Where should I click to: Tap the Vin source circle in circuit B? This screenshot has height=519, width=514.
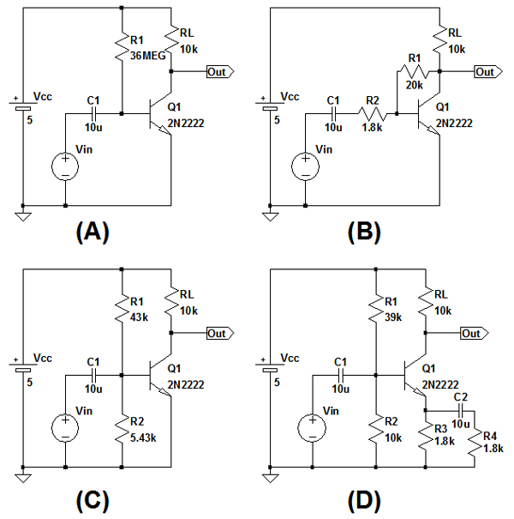pyautogui.click(x=302, y=166)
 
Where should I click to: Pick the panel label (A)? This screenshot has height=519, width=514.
pyautogui.click(x=93, y=232)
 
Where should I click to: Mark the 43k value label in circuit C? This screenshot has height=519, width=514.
pyautogui.click(x=140, y=317)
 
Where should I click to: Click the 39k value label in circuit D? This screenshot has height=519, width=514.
pyautogui.click(x=395, y=317)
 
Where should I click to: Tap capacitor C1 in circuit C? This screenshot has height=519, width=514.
pyautogui.click(x=95, y=374)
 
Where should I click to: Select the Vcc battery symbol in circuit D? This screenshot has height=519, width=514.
pyautogui.click(x=272, y=371)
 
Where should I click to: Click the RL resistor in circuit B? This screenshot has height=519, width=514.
pyautogui.click(x=439, y=39)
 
